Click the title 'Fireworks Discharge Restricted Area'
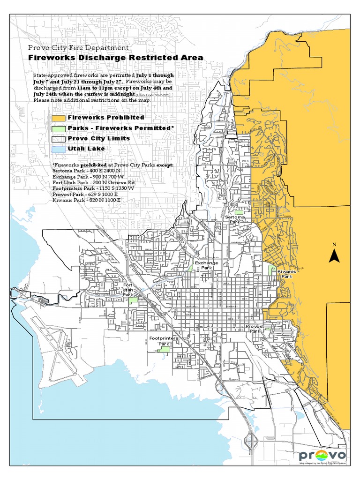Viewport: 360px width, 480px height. click(116, 58)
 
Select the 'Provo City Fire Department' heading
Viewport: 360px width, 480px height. click(78, 47)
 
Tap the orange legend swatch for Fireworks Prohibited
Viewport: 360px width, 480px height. click(59, 118)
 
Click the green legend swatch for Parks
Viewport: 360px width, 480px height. click(59, 128)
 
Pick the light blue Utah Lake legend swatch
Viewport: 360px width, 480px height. click(59, 149)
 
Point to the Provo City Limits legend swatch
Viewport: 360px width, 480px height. click(59, 139)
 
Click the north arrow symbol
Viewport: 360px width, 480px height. click(334, 256)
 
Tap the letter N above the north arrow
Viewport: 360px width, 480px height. click(334, 244)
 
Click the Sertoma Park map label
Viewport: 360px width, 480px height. click(234, 219)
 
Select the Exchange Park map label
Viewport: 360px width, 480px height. click(207, 265)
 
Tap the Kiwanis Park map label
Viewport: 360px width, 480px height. click(285, 274)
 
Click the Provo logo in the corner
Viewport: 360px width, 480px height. click(322, 455)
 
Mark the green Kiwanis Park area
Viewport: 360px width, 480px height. click(271, 270)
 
